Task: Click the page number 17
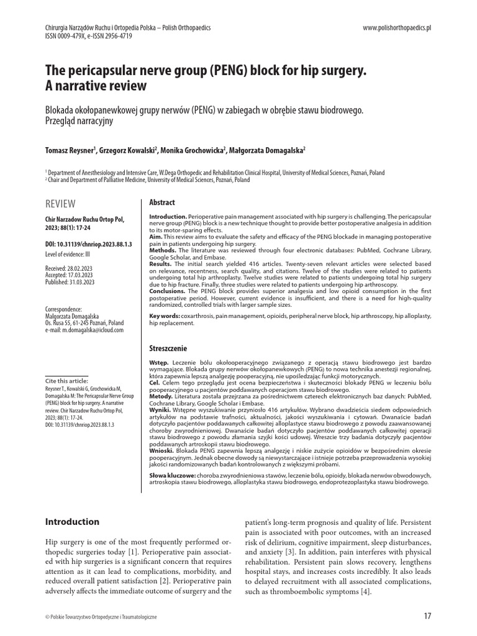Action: (x=427, y=616)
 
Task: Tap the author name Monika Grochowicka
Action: (x=196, y=151)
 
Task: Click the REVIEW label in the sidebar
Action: (x=61, y=204)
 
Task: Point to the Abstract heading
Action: (x=163, y=202)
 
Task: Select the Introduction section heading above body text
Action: (x=73, y=522)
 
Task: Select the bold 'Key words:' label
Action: (x=165, y=316)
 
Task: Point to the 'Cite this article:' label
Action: (x=65, y=380)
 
